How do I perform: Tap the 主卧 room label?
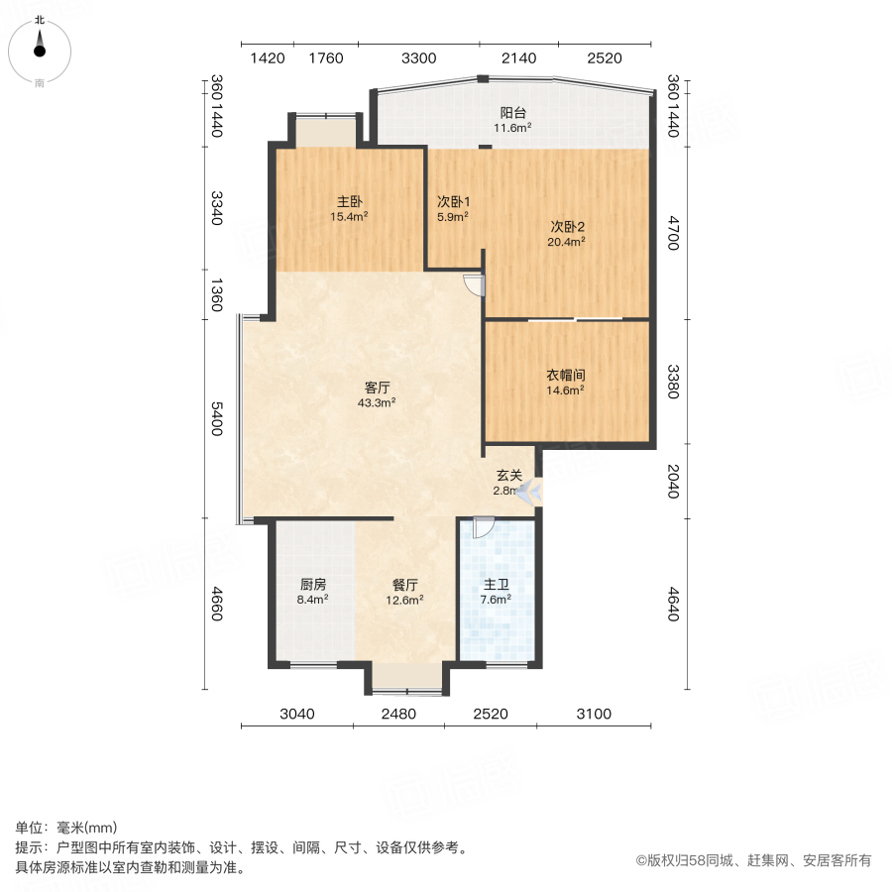pos(350,199)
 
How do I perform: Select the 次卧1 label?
pos(453,199)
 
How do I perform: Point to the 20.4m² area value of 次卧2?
pos(568,240)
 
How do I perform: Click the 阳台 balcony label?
pos(513,113)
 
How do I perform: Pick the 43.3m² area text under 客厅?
pos(378,402)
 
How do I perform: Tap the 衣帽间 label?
pos(566,376)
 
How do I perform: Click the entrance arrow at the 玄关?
pos(527,489)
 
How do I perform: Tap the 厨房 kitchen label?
pos(312,584)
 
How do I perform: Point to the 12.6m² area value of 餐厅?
pos(405,599)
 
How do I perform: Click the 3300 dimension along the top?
pos(419,58)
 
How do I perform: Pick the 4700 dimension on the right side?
pos(673,233)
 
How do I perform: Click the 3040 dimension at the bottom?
pos(297,714)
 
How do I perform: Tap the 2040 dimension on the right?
pos(673,482)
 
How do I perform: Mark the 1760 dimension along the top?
pos(326,58)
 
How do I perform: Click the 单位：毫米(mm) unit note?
pos(66,829)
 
